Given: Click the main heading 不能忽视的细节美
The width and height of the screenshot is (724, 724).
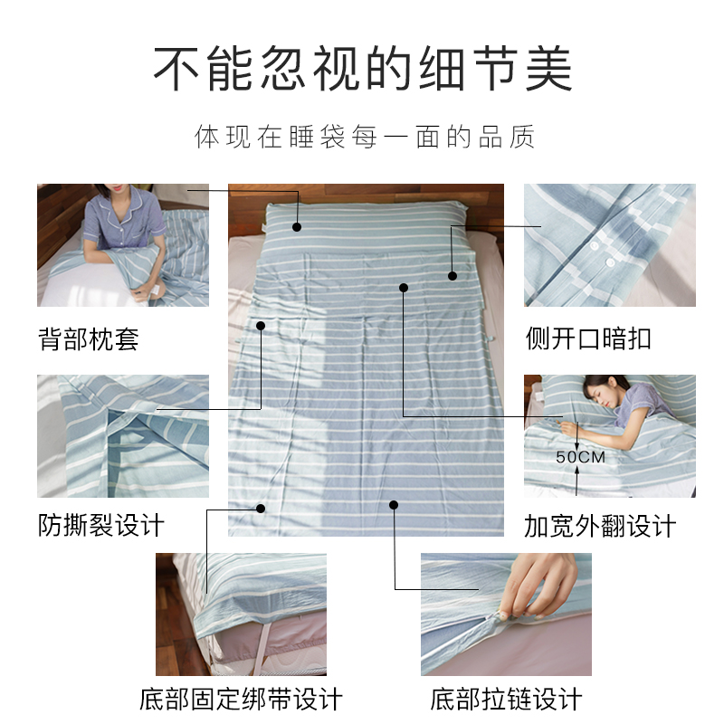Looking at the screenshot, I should tap(362, 68).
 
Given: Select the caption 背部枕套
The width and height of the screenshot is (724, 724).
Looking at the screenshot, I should tap(89, 339).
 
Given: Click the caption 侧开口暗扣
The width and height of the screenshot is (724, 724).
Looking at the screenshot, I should tap(588, 339).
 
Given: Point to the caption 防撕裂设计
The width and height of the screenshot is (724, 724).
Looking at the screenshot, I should tap(101, 525).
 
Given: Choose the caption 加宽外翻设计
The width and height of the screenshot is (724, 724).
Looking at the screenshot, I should tap(600, 526).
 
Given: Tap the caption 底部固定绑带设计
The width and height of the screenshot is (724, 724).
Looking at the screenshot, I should tap(241, 699).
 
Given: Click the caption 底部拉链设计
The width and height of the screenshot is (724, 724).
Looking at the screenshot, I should tap(506, 699).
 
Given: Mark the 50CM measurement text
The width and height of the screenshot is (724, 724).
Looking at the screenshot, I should tap(580, 458).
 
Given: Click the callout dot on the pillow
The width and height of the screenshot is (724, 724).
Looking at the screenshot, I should tap(297, 224).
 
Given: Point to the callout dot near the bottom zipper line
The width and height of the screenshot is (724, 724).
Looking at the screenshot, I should tap(394, 503).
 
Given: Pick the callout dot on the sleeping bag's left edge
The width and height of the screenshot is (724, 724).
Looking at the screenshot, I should tap(261, 325).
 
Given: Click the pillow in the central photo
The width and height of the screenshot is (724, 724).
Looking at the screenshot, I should tap(362, 222).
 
